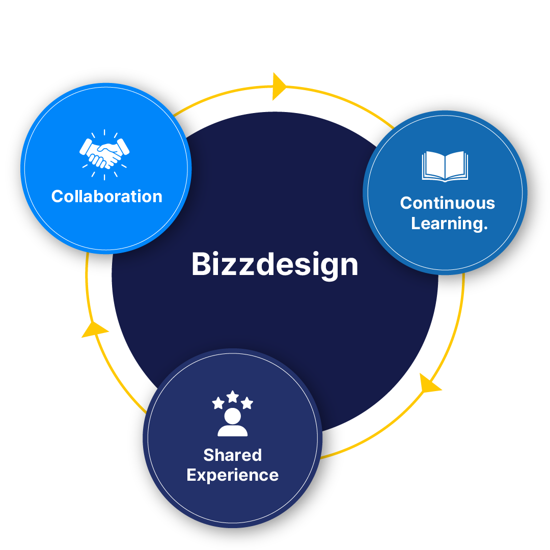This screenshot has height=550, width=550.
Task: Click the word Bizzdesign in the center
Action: [x=274, y=264]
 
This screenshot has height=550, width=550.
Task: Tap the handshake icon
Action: [x=104, y=154]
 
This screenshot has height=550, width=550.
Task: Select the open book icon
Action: [x=445, y=166]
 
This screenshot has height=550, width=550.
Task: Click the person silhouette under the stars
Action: [x=233, y=423]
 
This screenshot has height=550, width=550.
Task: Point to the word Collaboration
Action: [x=106, y=197]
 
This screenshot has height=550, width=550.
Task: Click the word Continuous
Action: [x=447, y=203]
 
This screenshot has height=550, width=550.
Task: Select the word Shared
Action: [x=232, y=455]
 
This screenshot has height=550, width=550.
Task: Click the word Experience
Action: [x=232, y=475]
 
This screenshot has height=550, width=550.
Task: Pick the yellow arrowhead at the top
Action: [x=279, y=86]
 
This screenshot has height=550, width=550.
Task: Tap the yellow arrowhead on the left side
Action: [x=94, y=329]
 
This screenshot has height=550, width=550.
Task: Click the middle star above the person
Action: [x=233, y=396]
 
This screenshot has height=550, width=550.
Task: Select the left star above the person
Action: [x=218, y=403]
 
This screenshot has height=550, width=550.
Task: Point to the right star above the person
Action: [x=247, y=403]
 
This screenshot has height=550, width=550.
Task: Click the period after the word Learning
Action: [x=485, y=228]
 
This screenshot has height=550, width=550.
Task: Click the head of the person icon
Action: [x=233, y=416]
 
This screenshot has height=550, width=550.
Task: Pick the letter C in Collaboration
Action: [x=58, y=197]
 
